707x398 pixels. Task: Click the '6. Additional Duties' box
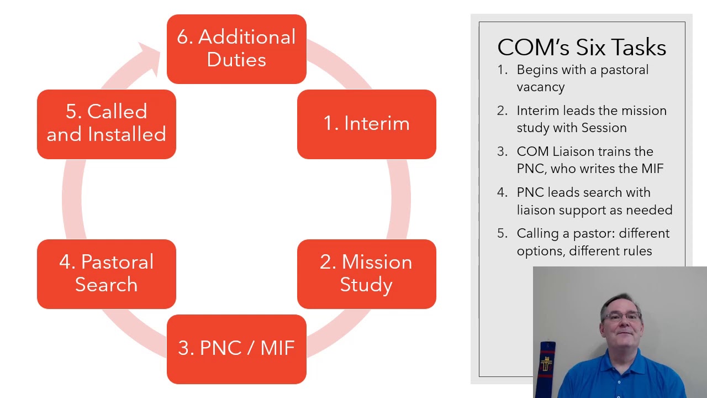[236, 49]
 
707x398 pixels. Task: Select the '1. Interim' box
[366, 124]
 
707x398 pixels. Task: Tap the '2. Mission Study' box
[366, 274]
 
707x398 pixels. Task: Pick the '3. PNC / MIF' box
[236, 348]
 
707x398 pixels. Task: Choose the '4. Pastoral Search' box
[107, 274]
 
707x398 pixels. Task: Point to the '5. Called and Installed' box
[107, 124]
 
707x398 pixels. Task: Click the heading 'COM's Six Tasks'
[582, 48]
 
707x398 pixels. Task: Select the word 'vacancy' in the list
[540, 87]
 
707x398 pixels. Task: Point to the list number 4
[502, 193]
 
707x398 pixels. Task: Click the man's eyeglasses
[621, 317]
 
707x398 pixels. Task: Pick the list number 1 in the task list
[502, 70]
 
